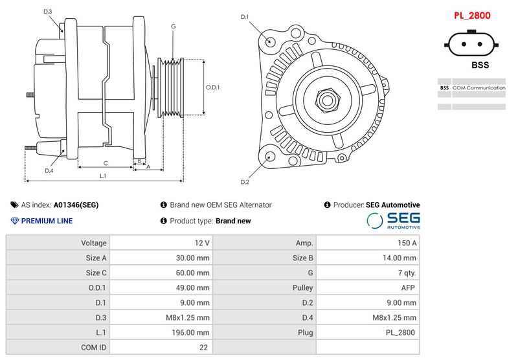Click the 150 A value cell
pos(366,243)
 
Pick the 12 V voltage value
pos(161,243)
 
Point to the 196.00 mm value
pos(161,332)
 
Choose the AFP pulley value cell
pos(366,287)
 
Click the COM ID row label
pos(58,347)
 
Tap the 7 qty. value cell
pos(366,273)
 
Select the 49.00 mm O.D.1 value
pos(161,287)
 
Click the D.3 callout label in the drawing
pos(48,12)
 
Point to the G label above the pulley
pos(174,26)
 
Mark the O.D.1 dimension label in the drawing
pos(213,87)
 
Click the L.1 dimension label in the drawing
pos(103,176)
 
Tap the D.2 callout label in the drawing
pos(244,181)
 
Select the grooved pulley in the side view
pos(172,88)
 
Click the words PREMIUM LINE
pos(47,221)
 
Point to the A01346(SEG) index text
pos(76,205)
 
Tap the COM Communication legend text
pos(479,87)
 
